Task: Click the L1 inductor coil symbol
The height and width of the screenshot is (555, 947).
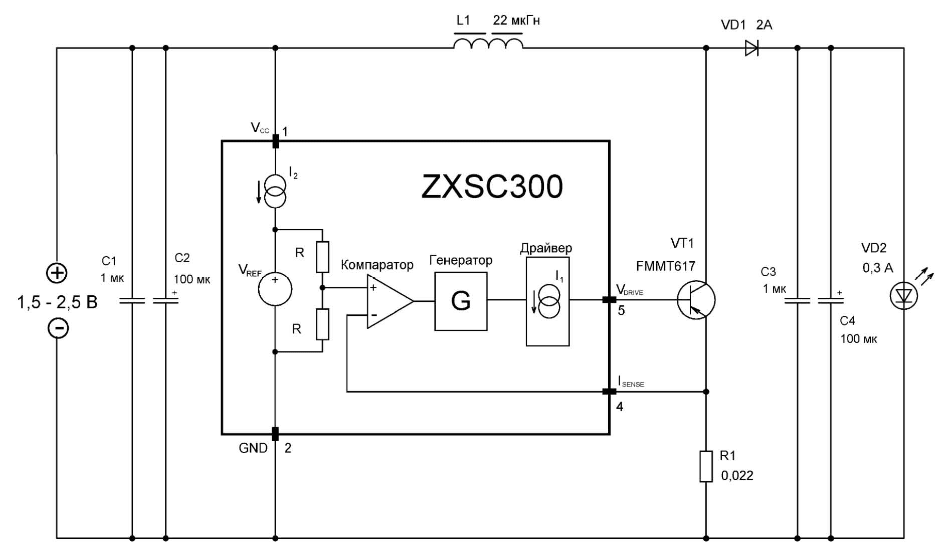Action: (x=488, y=44)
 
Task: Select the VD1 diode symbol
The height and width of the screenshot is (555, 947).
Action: (x=751, y=48)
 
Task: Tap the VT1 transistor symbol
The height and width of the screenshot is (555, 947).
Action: (x=695, y=300)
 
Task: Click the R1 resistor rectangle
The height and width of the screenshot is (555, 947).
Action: (x=706, y=466)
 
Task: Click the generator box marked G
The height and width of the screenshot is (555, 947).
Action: (x=461, y=301)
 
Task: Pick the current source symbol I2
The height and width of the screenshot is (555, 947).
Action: (x=275, y=192)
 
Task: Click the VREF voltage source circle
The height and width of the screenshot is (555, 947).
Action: (x=275, y=289)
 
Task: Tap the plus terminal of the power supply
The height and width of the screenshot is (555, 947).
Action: (x=57, y=273)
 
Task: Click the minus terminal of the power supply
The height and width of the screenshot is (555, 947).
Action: (x=58, y=328)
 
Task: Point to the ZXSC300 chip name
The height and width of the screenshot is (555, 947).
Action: (x=492, y=187)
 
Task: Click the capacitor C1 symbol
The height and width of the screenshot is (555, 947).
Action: (x=132, y=300)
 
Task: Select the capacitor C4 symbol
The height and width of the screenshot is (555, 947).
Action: (x=831, y=300)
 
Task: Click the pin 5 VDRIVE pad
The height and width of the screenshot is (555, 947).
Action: (x=609, y=300)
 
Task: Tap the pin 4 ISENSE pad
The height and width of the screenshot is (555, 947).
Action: (x=609, y=392)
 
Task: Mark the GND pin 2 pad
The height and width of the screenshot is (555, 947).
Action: (x=275, y=434)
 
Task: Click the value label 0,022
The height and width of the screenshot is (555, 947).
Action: (x=737, y=475)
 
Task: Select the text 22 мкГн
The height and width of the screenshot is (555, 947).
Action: (x=516, y=21)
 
